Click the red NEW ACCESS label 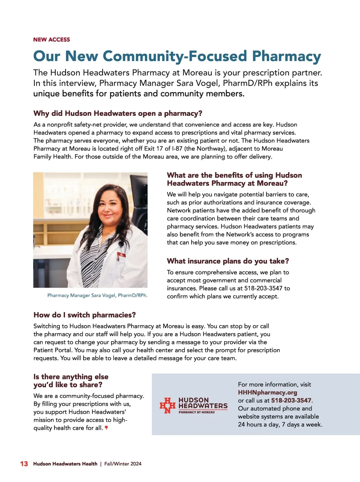tap(52, 40)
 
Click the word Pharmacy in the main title tap(286, 56)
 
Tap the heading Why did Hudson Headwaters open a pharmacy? tap(118, 113)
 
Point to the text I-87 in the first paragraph tap(177, 149)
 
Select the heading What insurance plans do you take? tap(228, 261)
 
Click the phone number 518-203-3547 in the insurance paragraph tap(263, 288)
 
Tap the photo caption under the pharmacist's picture tap(97, 295)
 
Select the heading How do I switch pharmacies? tap(85, 315)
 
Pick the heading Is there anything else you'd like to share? tap(71, 381)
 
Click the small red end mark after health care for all tap(106, 428)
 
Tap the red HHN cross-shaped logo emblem tap(167, 405)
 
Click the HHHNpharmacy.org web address tap(268, 393)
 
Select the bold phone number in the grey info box tap(291, 401)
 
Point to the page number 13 tap(24, 464)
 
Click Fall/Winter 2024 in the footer tap(123, 464)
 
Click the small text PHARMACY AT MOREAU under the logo tap(196, 412)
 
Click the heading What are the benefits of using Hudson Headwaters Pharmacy tap(234, 179)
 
